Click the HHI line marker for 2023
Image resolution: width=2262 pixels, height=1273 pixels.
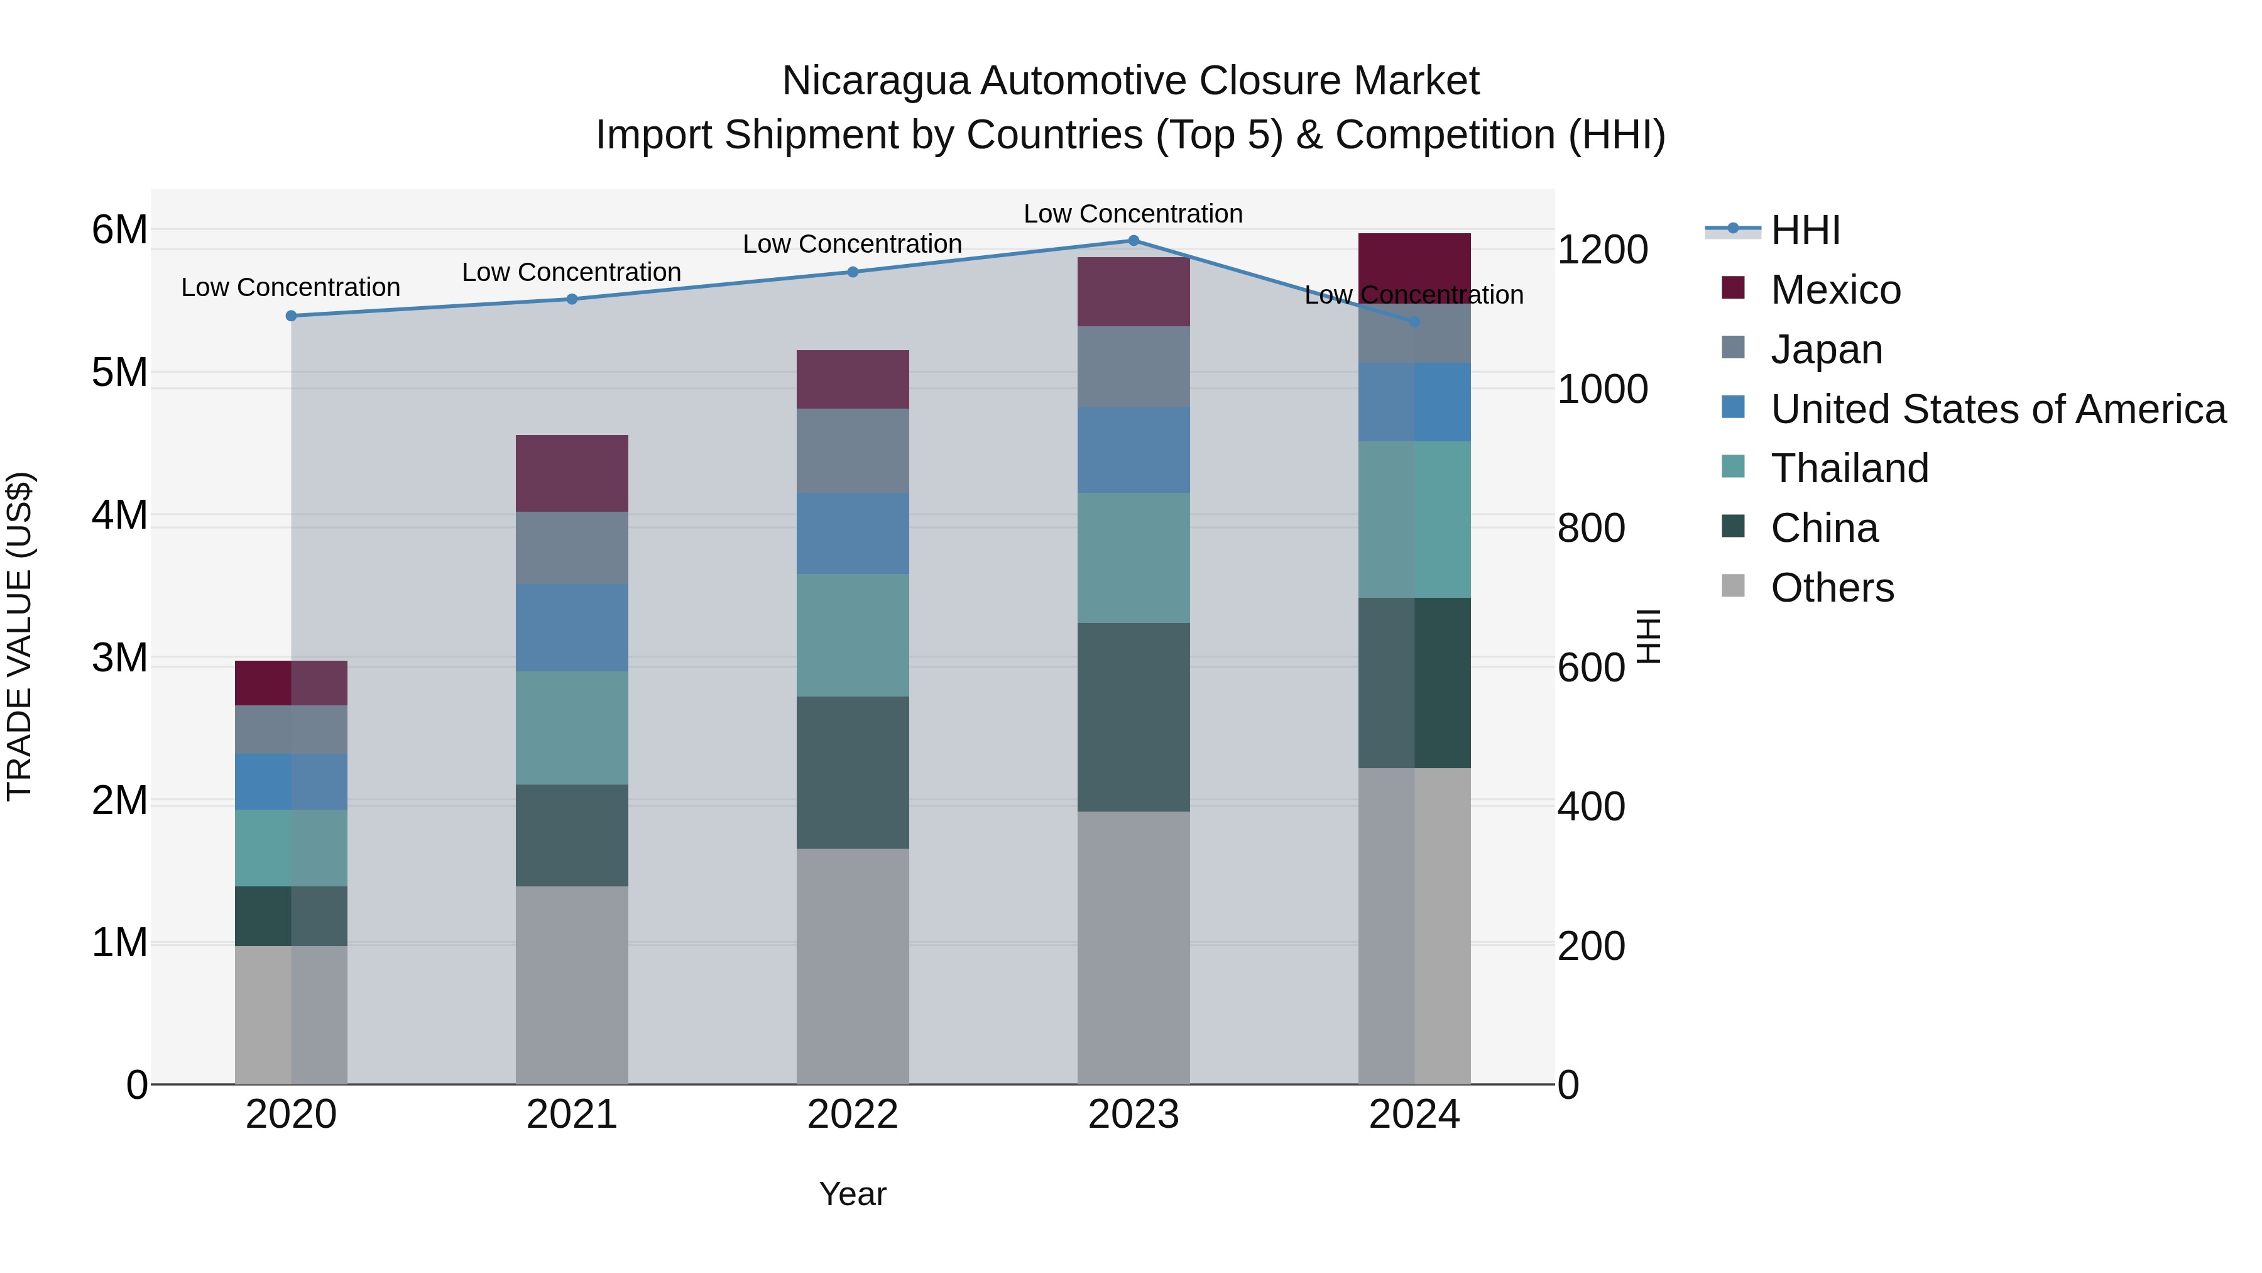[1133, 241]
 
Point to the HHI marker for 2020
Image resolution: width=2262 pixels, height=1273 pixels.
[292, 316]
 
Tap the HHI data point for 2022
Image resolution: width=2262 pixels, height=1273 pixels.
[853, 272]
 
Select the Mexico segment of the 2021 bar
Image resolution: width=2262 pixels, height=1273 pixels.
[572, 473]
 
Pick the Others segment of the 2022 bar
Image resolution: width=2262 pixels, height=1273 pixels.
[853, 966]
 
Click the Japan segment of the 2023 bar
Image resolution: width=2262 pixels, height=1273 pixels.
[1133, 366]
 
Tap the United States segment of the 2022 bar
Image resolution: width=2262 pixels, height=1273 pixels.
[853, 533]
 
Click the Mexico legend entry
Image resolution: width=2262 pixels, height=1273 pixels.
[1835, 290]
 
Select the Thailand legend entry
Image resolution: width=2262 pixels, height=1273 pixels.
[1849, 468]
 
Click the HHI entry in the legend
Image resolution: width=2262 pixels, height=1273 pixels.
[1805, 230]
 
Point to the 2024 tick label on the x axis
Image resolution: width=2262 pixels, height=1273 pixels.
[1414, 1115]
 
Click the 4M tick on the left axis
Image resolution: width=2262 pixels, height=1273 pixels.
[119, 515]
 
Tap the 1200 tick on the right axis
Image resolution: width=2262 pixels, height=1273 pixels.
[1602, 250]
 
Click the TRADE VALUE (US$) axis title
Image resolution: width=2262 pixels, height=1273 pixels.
[19, 636]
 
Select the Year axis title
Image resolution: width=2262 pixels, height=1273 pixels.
[853, 1194]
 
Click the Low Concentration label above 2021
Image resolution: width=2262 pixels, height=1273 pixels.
[572, 272]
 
